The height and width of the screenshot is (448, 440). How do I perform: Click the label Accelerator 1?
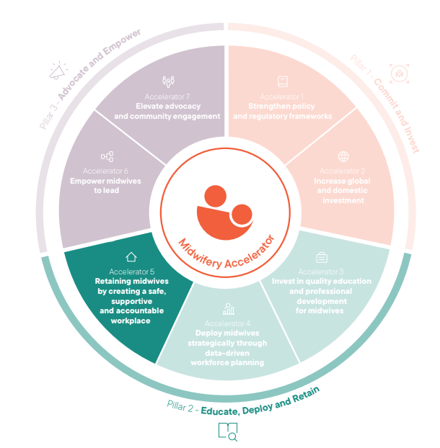click(283, 97)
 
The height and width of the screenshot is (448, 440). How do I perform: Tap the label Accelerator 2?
click(343, 171)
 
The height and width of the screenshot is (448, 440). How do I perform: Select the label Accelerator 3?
click(321, 272)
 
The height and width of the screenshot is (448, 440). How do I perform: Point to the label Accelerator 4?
click(229, 323)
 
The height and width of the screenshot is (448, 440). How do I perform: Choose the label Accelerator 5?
click(131, 271)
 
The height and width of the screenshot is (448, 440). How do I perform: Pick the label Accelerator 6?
click(105, 171)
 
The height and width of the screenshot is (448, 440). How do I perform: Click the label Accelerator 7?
click(167, 97)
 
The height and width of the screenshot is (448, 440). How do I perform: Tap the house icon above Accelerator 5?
click(131, 256)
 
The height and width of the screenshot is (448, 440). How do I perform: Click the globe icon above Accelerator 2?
click(343, 156)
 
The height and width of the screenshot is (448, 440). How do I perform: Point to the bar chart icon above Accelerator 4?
click(229, 309)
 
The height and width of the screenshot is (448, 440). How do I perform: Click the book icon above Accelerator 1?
click(283, 82)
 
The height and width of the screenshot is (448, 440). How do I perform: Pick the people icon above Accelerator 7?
click(168, 82)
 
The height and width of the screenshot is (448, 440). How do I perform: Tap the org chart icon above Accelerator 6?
click(106, 156)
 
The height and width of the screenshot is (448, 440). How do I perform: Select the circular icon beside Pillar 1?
click(398, 73)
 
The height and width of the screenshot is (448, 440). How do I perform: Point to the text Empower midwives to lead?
click(105, 186)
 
